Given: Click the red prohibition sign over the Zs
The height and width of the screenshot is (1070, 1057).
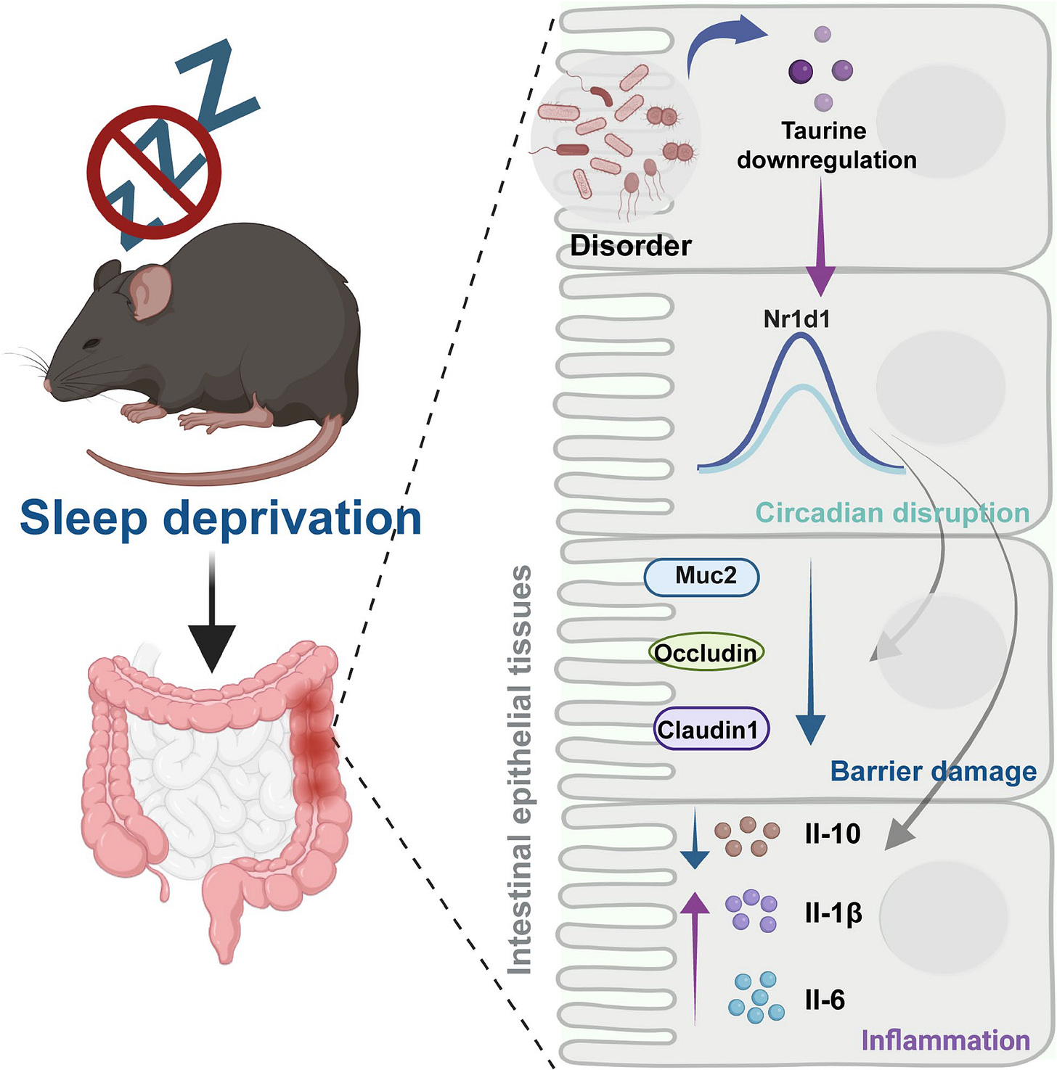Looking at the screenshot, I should (154, 172).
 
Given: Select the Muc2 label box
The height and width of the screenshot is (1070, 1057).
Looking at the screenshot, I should (701, 577).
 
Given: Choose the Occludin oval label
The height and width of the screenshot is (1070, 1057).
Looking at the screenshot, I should (706, 653).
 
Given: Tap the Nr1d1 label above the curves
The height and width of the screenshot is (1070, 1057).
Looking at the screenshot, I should (796, 319).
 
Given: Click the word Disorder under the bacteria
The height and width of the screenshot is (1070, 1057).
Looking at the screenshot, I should (631, 246).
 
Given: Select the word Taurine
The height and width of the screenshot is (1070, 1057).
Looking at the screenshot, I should (823, 131).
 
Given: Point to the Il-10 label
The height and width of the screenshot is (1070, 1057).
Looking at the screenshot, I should (832, 834).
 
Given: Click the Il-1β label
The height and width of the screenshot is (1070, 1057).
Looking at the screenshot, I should (833, 913).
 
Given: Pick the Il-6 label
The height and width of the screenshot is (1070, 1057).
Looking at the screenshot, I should (825, 1000).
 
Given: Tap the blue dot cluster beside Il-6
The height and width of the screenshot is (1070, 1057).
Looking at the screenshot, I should (756, 997).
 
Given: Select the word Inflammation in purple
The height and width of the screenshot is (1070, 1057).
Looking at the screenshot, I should (945, 1040).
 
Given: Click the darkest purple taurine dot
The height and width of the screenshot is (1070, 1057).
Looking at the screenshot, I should (800, 71).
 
